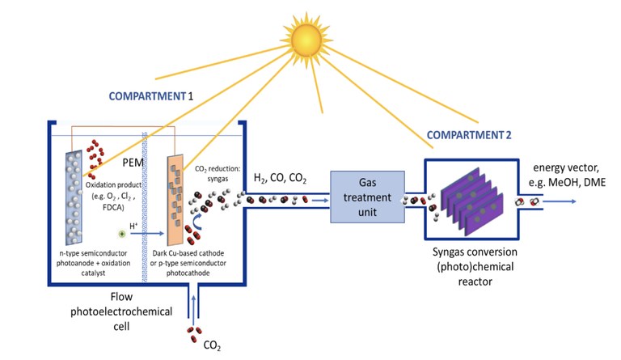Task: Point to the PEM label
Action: tap(133, 163)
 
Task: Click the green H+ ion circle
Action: tap(122, 234)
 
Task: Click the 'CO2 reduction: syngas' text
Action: tap(222, 175)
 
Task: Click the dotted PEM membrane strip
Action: tap(145, 210)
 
